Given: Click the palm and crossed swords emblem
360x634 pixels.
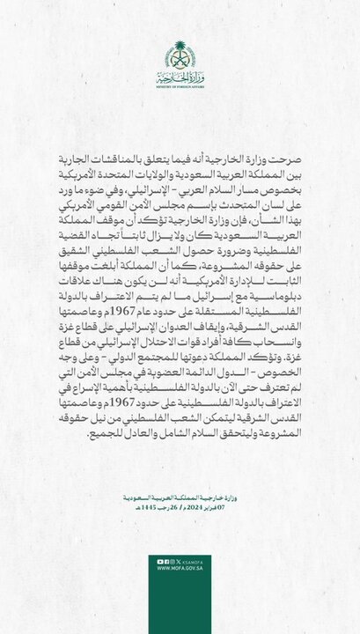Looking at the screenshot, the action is [x=180, y=56].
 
